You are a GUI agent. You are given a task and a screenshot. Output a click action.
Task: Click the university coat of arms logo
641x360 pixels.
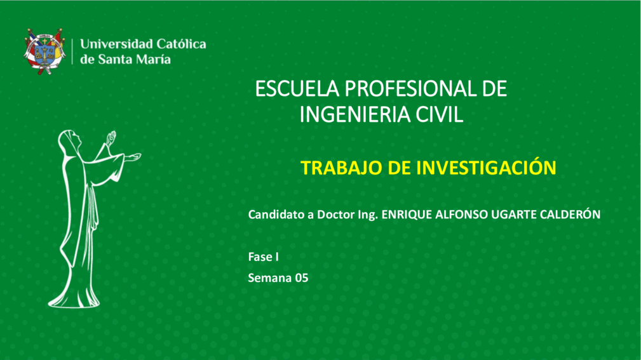(x=44, y=51)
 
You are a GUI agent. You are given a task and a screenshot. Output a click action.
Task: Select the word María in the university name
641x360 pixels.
(x=153, y=59)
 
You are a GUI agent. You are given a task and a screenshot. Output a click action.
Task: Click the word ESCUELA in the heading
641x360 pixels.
(x=297, y=89)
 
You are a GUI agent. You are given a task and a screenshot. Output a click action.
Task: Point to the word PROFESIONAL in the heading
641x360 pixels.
(x=411, y=89)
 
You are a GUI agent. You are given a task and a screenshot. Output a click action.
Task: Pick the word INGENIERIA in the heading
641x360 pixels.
(x=355, y=114)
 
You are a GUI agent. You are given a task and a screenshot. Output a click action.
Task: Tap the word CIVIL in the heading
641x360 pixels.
(x=440, y=114)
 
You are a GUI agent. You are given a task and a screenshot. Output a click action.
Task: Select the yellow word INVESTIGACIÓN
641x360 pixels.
(x=487, y=168)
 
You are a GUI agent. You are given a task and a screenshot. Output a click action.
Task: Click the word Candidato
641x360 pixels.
(x=276, y=215)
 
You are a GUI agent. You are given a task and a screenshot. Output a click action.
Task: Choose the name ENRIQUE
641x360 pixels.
(x=407, y=215)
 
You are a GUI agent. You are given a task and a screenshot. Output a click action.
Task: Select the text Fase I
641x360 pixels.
(x=263, y=257)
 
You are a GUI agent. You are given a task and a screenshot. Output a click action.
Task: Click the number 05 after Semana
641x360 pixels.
(x=302, y=278)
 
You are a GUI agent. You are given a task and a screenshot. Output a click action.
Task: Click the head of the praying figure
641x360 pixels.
(x=71, y=141)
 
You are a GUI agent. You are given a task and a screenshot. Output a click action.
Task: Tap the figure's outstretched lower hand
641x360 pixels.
(x=132, y=157)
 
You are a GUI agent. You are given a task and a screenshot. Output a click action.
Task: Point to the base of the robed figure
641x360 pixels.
(x=74, y=301)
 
